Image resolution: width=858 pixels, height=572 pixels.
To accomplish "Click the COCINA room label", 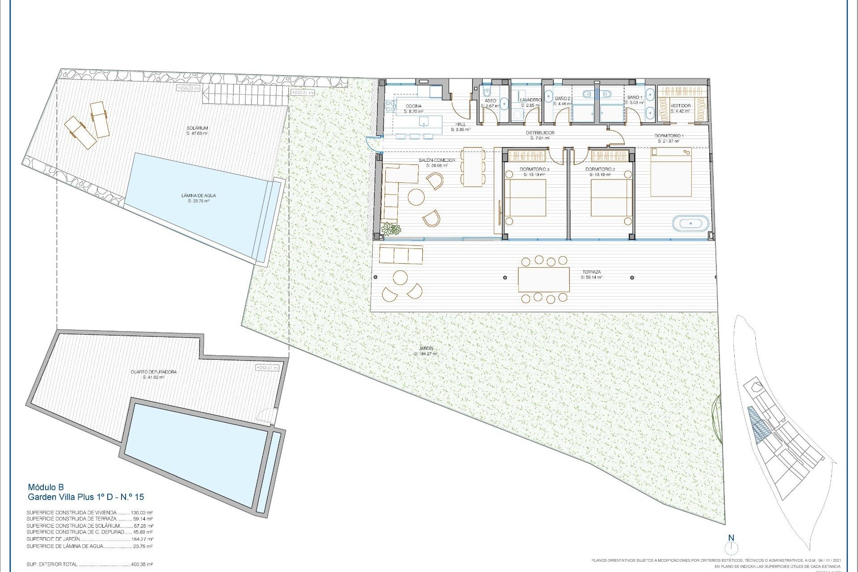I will pyautogui.click(x=413, y=106).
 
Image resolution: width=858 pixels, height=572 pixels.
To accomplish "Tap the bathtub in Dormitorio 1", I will pyautogui.click(x=691, y=223).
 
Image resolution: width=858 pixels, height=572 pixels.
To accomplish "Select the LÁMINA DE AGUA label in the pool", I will pyautogui.click(x=199, y=195).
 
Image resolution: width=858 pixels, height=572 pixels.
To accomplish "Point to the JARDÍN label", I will pyautogui.click(x=426, y=349).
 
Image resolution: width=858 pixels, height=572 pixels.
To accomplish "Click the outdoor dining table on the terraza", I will pyautogui.click(x=543, y=279).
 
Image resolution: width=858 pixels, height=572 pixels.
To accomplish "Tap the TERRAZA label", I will pyautogui.click(x=591, y=272).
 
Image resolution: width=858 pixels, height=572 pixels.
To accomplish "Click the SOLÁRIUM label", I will pyautogui.click(x=197, y=128).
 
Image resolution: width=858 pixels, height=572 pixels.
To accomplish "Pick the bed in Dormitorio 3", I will pyautogui.click(x=525, y=198).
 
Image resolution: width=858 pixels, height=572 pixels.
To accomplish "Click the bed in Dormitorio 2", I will pyautogui.click(x=611, y=198).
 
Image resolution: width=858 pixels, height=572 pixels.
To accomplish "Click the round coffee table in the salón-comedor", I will pyautogui.click(x=416, y=197).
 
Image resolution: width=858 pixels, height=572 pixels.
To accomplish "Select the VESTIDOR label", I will pyautogui.click(x=681, y=106).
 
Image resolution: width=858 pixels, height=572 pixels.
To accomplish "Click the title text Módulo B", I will pyautogui.click(x=46, y=487).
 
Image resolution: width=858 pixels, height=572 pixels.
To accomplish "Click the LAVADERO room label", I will pyautogui.click(x=530, y=100).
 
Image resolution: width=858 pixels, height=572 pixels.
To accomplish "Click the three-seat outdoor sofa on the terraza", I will pyautogui.click(x=401, y=255).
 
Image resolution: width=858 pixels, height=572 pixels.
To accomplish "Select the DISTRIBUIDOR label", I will pyautogui.click(x=540, y=133).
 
